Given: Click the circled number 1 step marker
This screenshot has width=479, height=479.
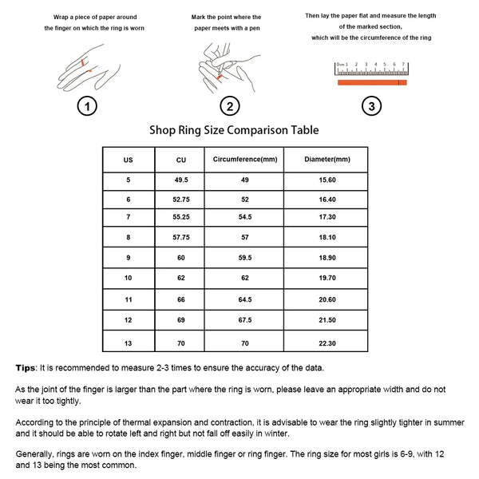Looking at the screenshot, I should [89, 106].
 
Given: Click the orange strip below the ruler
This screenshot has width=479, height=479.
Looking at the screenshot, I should [373, 82].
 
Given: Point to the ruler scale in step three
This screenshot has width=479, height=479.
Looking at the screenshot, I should [373, 67].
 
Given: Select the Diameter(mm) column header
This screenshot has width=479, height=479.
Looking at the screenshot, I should [327, 159].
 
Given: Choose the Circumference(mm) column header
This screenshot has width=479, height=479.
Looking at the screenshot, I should [245, 159].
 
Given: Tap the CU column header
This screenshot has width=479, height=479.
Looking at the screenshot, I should [181, 159].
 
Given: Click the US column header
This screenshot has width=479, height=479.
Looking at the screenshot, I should [129, 159].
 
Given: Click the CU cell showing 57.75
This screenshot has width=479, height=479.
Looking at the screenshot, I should [181, 238].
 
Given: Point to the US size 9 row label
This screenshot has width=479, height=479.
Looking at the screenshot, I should [129, 258].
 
